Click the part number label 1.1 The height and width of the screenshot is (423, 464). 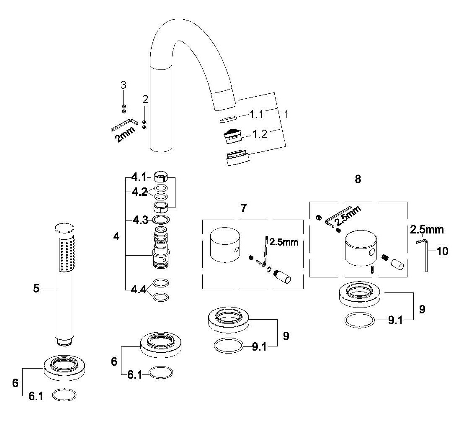tap(257, 114)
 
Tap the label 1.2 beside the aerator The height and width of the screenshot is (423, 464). tap(260, 134)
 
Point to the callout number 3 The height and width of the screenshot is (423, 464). tap(124, 85)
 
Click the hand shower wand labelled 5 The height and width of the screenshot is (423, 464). tap(64, 284)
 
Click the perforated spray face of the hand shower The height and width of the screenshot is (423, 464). tap(67, 256)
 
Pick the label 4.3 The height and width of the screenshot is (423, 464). tap(140, 220)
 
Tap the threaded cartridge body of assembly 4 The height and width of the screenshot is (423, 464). tap(161, 248)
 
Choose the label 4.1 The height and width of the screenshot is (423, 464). tap(139, 177)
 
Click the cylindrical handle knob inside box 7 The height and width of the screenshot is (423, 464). tap(225, 244)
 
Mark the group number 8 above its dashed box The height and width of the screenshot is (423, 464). tap(358, 179)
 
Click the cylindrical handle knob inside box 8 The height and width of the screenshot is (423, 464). tap(361, 248)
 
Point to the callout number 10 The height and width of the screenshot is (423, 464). tap(442, 251)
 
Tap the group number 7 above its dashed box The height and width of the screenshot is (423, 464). tap(244, 208)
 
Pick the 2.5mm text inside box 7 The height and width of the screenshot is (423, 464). tap(284, 242)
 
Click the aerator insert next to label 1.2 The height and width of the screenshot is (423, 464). tap(232, 136)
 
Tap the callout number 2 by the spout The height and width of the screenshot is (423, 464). tap(145, 99)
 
